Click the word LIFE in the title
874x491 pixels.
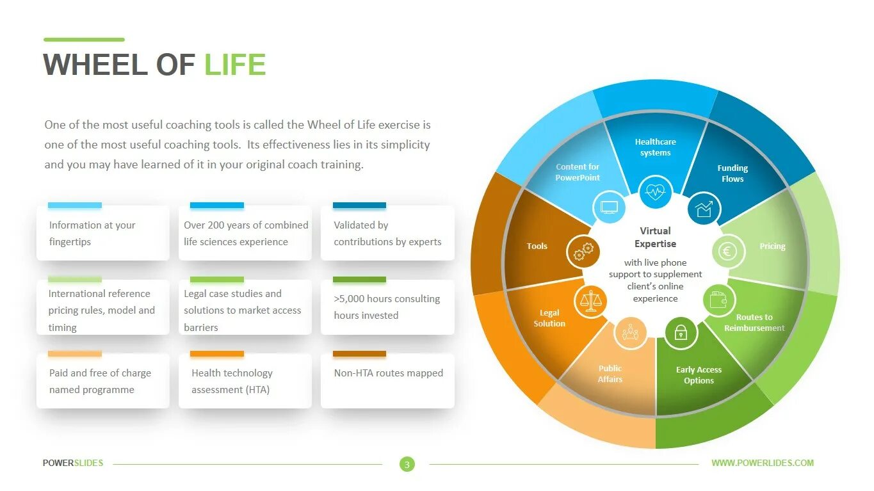pos(235,65)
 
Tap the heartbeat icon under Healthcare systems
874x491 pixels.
pos(655,191)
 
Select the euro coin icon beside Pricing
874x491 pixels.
pos(729,251)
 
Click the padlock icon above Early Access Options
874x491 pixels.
pos(680,332)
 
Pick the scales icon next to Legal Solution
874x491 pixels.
pos(590,302)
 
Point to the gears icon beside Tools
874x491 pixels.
pos(583,251)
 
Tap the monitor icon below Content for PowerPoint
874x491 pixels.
pos(609,207)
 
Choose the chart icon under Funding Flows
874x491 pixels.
pos(704,209)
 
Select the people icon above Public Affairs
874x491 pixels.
pos(630,332)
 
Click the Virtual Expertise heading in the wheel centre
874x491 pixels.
pos(655,237)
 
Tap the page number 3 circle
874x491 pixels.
pos(407,464)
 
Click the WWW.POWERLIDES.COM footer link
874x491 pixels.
pos(763,463)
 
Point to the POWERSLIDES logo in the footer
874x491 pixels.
pos(73,463)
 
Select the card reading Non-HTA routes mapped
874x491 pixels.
pos(388,380)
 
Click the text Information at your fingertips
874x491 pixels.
pos(92,234)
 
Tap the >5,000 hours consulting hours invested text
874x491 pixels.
pos(387,307)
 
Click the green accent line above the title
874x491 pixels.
pos(84,40)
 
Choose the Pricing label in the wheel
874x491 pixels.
pos(772,246)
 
